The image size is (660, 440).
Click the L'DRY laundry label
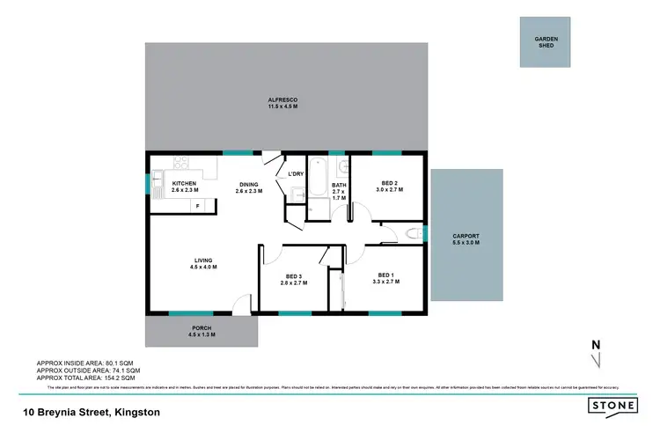point(296,173)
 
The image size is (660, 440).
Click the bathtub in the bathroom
point(317,172)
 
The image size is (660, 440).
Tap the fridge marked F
point(197,205)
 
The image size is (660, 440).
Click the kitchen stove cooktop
point(180,162)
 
